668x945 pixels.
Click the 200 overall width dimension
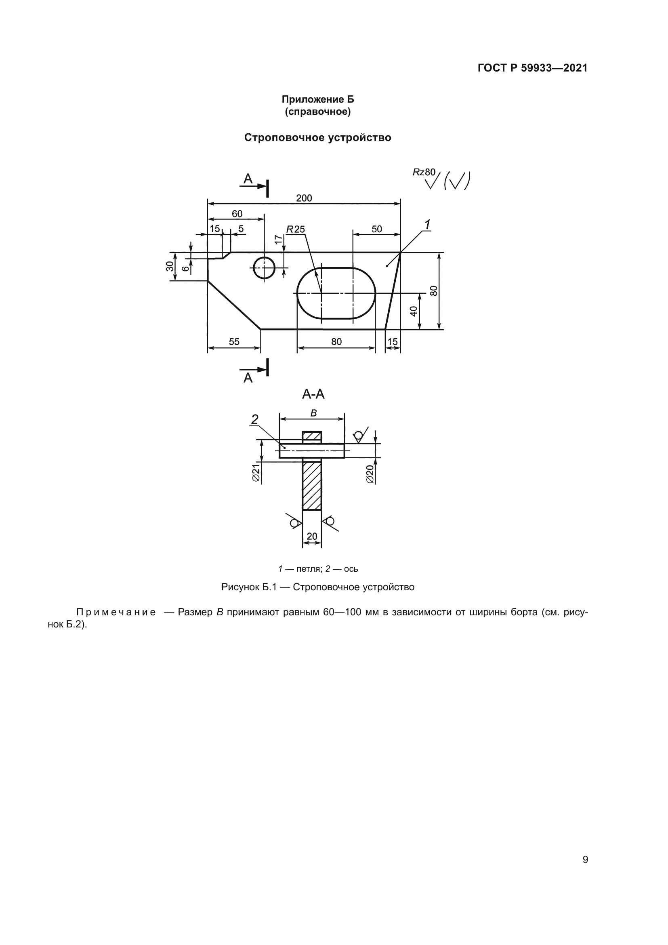[x=304, y=198]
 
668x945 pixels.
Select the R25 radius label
[x=296, y=229]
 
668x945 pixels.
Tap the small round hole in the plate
[x=264, y=267]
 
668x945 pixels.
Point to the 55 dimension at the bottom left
[x=234, y=342]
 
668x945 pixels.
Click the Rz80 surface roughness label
[x=424, y=172]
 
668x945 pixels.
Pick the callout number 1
[x=427, y=225]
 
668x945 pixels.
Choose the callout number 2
[x=254, y=419]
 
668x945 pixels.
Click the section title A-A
[x=313, y=394]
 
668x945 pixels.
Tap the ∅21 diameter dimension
[x=256, y=473]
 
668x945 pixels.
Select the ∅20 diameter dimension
[x=370, y=474]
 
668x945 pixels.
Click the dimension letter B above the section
[x=313, y=413]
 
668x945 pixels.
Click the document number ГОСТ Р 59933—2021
[x=533, y=68]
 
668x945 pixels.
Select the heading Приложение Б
[x=317, y=99]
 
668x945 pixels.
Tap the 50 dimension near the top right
[x=377, y=229]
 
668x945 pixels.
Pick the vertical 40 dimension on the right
[x=414, y=311]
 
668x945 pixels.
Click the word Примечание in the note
[x=116, y=612]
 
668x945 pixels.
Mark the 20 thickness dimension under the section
[x=312, y=536]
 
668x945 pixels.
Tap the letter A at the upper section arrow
[x=248, y=179]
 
